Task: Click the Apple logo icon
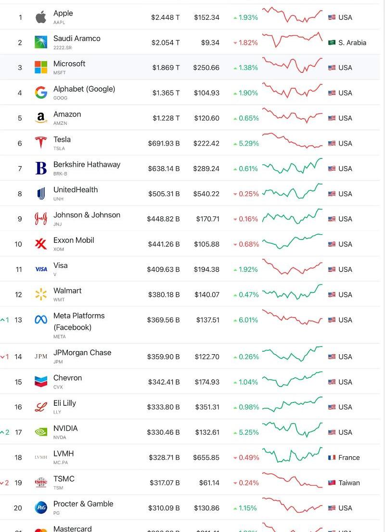(x=41, y=18)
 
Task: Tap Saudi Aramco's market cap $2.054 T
(x=166, y=43)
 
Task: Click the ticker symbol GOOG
(x=60, y=98)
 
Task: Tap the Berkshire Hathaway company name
(x=87, y=164)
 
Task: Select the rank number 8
(x=20, y=194)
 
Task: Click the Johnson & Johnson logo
(x=41, y=219)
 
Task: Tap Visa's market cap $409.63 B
(x=164, y=269)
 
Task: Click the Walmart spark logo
(x=41, y=294)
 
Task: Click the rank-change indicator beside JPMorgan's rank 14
(x=5, y=357)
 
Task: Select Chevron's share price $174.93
(x=207, y=382)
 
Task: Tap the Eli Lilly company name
(x=64, y=403)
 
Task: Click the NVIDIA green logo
(x=41, y=432)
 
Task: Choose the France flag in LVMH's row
(x=332, y=458)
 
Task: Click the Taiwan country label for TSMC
(x=349, y=483)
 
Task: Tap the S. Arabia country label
(x=352, y=43)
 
